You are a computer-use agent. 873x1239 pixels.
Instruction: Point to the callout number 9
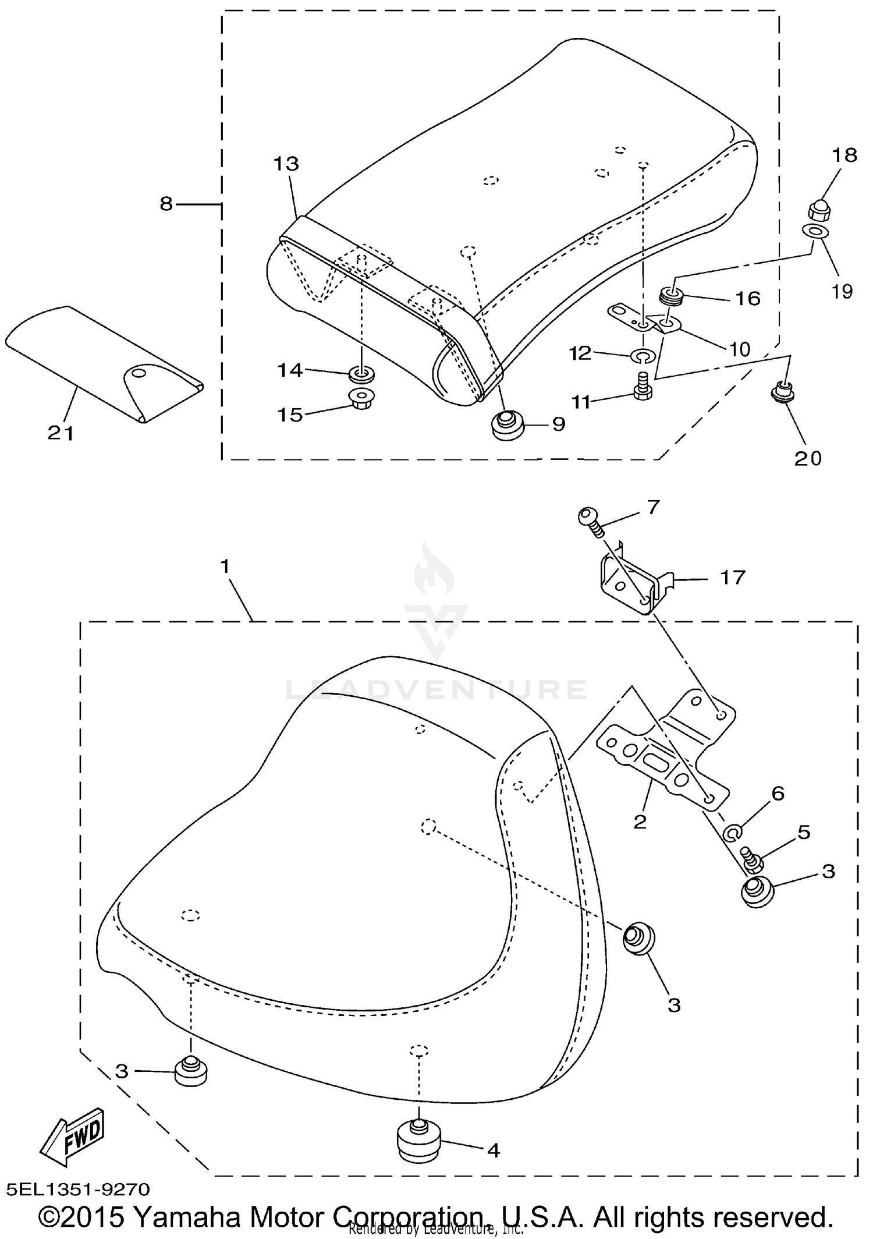click(558, 424)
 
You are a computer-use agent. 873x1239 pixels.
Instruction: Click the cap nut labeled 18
click(819, 208)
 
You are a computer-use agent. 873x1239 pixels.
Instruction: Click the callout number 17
click(732, 578)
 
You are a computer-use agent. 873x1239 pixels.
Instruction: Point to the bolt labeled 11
click(642, 387)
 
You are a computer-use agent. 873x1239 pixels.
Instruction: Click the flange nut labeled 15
click(361, 399)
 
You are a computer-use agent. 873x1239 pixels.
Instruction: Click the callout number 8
click(166, 204)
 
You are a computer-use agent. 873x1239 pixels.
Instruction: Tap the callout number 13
click(286, 164)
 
